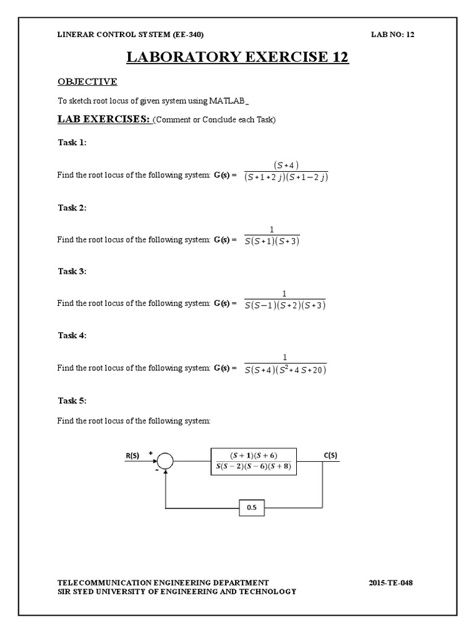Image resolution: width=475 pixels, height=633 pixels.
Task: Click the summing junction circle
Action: click(x=165, y=461)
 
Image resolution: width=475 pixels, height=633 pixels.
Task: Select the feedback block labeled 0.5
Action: click(x=252, y=508)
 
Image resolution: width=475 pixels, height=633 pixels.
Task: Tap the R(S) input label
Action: click(x=133, y=455)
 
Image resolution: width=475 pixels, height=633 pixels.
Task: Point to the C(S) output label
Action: click(x=330, y=455)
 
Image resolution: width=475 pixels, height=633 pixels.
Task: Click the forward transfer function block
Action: click(x=254, y=461)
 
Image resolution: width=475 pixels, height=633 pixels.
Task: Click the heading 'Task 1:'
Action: click(x=72, y=142)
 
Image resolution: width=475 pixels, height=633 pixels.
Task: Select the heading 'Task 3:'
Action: click(x=72, y=271)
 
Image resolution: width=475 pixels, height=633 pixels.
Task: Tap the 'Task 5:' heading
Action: click(x=72, y=401)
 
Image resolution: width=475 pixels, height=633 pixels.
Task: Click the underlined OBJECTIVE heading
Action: click(x=87, y=82)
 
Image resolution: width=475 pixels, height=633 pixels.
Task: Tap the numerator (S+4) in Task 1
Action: click(x=286, y=164)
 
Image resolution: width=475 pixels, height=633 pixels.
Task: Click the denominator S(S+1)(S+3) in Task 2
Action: click(x=273, y=242)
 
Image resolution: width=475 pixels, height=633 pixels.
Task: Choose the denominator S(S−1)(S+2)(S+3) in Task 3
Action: click(x=285, y=306)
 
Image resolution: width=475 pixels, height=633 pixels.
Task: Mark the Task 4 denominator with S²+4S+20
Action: click(x=285, y=370)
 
